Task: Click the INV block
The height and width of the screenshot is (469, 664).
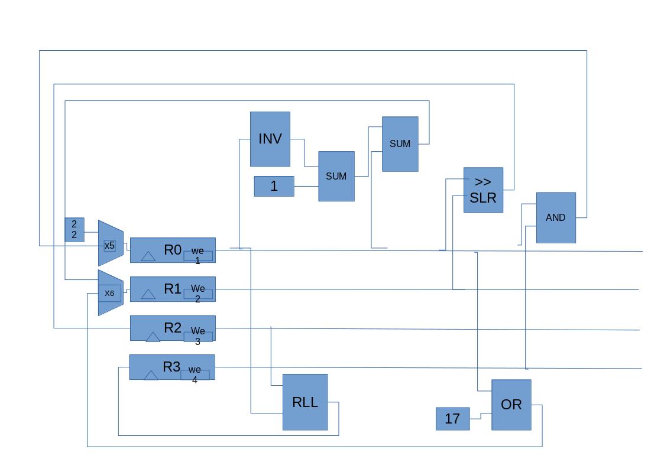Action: [270, 139]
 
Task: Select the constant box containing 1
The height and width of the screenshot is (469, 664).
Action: [274, 186]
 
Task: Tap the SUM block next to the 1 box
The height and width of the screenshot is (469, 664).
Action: [336, 176]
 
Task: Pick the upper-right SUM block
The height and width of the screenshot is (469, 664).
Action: [400, 144]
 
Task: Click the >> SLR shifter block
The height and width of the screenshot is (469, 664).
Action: [483, 190]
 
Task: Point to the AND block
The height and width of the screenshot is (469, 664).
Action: [555, 217]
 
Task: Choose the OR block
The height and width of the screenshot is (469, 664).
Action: [511, 405]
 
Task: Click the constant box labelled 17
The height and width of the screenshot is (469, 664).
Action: [452, 419]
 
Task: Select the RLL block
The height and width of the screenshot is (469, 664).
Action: [305, 402]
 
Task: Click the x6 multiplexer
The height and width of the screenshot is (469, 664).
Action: [110, 293]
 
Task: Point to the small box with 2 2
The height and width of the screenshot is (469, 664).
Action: [75, 229]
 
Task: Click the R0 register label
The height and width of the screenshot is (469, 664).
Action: [172, 250]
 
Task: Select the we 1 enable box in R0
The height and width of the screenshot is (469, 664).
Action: [197, 255]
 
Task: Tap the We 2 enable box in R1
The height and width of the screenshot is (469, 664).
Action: [197, 293]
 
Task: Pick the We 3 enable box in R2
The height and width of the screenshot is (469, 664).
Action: [197, 336]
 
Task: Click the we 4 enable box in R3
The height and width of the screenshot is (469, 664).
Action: [195, 374]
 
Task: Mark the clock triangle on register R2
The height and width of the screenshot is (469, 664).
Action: [153, 337]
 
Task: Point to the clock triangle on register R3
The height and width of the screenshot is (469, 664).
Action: [151, 375]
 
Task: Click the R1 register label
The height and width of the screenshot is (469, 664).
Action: [172, 289]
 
